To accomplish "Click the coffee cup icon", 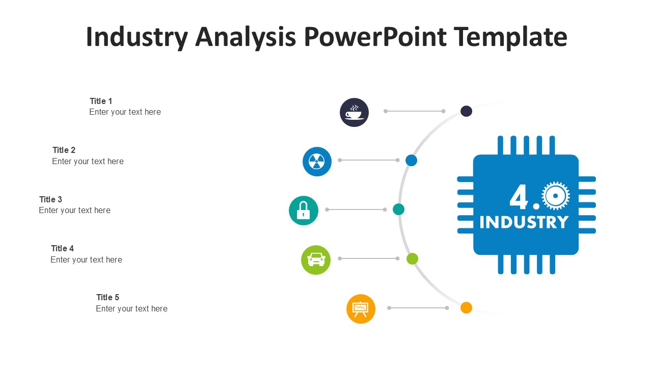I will [x=354, y=112].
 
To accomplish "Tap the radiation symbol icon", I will [x=317, y=162].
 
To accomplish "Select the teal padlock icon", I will [x=304, y=210].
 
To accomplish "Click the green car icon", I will [x=316, y=259].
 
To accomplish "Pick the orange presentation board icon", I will [x=361, y=309].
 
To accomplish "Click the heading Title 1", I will [x=101, y=101].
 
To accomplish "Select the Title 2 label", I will [x=64, y=150].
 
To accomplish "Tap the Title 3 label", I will [x=50, y=199].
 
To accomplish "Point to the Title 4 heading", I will [x=62, y=248].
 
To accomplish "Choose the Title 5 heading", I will [x=107, y=297].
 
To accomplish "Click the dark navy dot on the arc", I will [x=466, y=111].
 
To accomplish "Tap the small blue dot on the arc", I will [x=411, y=160].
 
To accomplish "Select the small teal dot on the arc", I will [x=398, y=209].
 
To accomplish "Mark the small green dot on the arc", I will [x=412, y=258].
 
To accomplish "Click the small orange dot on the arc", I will [x=466, y=307].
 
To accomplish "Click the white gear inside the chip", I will [x=556, y=196].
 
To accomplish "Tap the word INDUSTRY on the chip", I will [x=524, y=222].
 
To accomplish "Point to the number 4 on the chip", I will [x=520, y=197].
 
